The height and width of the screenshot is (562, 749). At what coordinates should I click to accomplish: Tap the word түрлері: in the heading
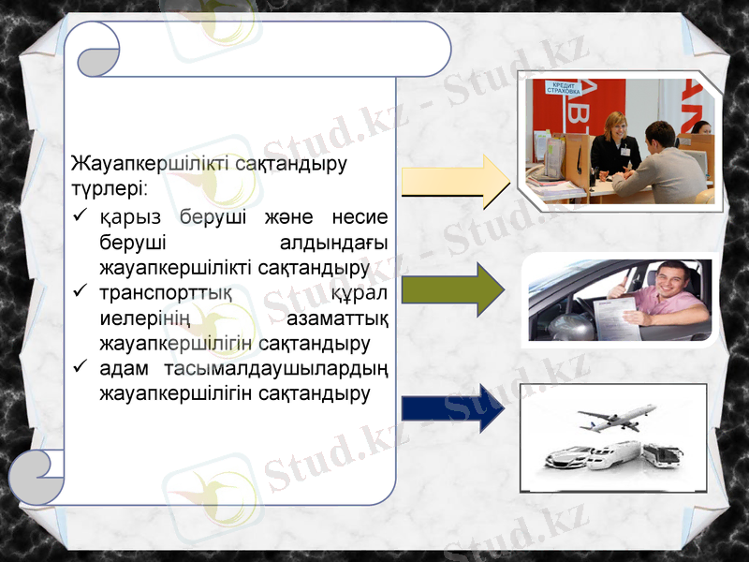click(x=108, y=188)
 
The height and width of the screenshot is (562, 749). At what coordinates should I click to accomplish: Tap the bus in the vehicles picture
click(x=662, y=455)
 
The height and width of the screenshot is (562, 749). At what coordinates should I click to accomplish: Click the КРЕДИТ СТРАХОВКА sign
click(x=565, y=87)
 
